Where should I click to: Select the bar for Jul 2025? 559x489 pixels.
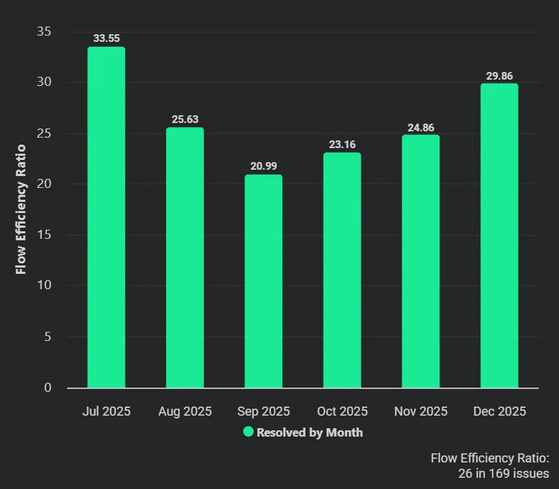click(106, 217)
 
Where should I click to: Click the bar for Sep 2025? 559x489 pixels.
click(263, 281)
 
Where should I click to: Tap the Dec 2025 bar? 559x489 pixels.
click(499, 235)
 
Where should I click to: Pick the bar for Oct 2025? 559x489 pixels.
click(342, 270)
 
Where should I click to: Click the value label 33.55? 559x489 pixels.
click(107, 38)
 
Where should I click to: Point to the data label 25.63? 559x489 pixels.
click(185, 119)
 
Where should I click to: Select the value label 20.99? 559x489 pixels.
click(263, 166)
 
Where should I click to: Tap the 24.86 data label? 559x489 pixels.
click(421, 128)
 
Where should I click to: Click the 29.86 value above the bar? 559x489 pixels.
click(499, 76)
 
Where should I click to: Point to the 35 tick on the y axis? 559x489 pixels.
click(44, 31)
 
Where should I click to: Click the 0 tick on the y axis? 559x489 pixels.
click(48, 388)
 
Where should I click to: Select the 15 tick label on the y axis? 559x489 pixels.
click(44, 235)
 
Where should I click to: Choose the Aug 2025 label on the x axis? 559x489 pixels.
click(185, 411)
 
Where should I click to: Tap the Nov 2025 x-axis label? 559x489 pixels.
click(421, 411)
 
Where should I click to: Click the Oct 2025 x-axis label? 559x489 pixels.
click(342, 411)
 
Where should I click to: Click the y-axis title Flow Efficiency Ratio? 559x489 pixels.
click(21, 209)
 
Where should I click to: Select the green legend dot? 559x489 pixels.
click(248, 432)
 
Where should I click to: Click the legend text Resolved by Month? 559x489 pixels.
click(310, 432)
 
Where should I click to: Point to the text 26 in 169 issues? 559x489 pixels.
click(503, 474)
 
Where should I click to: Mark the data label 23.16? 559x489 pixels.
click(342, 145)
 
